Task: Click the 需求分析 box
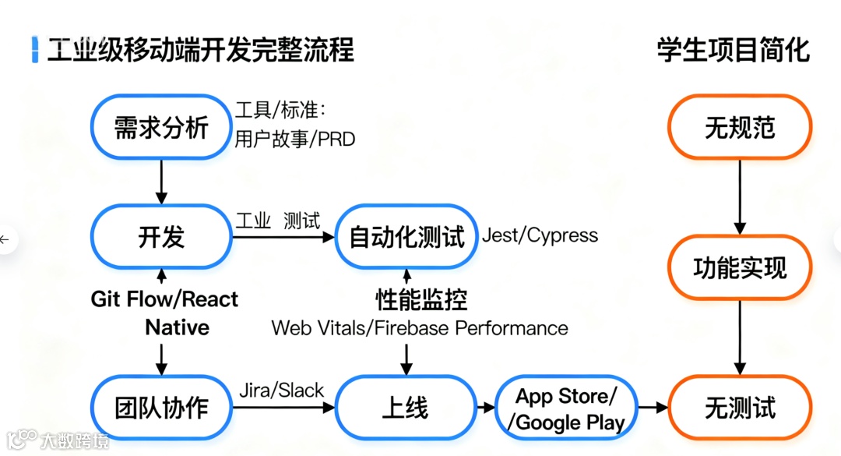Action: (x=162, y=127)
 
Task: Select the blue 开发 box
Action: (x=162, y=237)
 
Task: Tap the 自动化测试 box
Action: (x=406, y=237)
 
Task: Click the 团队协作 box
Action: (x=162, y=407)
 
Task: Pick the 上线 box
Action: (x=406, y=407)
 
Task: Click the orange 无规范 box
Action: (x=739, y=127)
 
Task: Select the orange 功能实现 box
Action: (x=739, y=268)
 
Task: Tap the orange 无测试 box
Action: (x=739, y=407)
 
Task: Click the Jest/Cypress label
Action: (x=540, y=235)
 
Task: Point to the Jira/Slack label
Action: (x=281, y=391)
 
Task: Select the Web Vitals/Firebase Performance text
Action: (x=420, y=328)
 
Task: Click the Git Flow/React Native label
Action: (x=165, y=312)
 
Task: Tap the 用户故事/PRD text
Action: (x=294, y=140)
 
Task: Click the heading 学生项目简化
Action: (x=733, y=51)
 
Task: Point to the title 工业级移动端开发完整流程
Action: (x=201, y=51)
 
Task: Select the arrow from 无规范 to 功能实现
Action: (x=739, y=195)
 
